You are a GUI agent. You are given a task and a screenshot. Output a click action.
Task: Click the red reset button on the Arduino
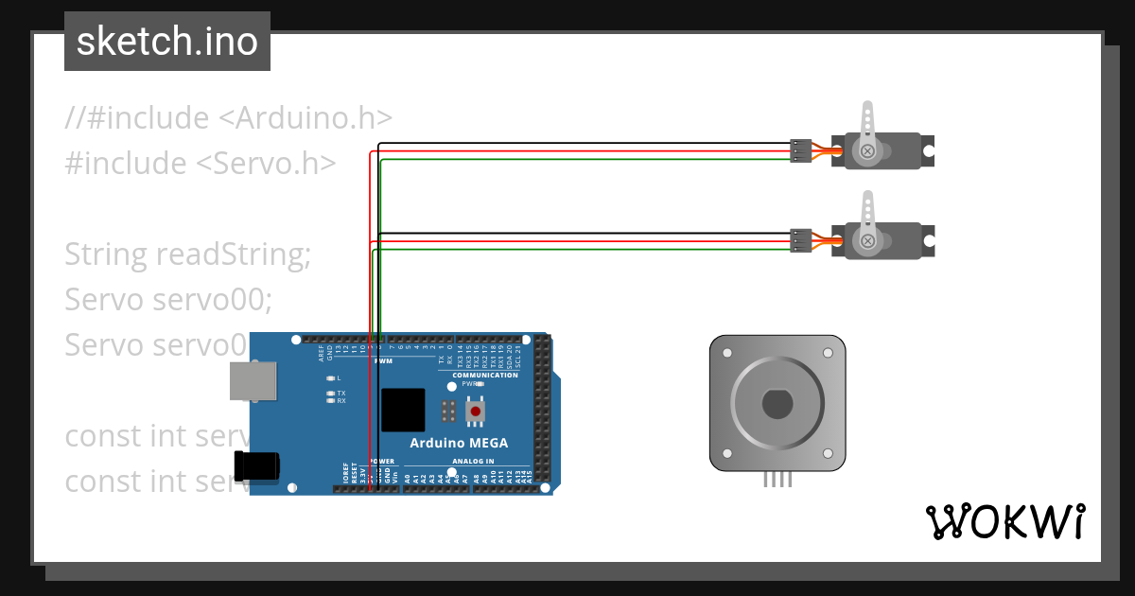click(x=475, y=411)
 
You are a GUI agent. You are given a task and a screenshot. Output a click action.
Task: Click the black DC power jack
click(x=258, y=465)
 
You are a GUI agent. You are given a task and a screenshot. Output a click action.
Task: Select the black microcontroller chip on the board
click(x=403, y=411)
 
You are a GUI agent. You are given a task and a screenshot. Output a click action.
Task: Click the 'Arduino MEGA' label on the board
click(x=458, y=443)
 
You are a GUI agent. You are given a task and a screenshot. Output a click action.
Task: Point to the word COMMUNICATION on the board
click(x=484, y=376)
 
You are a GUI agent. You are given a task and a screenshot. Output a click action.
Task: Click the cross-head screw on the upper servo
click(x=867, y=151)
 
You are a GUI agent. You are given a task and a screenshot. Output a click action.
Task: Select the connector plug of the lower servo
click(x=800, y=241)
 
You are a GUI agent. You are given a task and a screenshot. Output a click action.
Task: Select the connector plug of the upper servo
click(x=800, y=151)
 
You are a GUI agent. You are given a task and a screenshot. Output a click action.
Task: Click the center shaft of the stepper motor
click(x=777, y=404)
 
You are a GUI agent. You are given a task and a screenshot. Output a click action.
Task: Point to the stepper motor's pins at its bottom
click(x=777, y=480)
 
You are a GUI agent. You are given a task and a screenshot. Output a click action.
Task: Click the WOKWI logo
click(x=1004, y=521)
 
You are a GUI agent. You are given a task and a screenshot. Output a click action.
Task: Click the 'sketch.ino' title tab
click(x=167, y=42)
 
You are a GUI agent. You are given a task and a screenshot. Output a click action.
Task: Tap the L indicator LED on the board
click(x=330, y=377)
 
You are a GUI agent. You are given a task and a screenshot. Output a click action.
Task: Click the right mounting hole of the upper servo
click(x=929, y=149)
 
